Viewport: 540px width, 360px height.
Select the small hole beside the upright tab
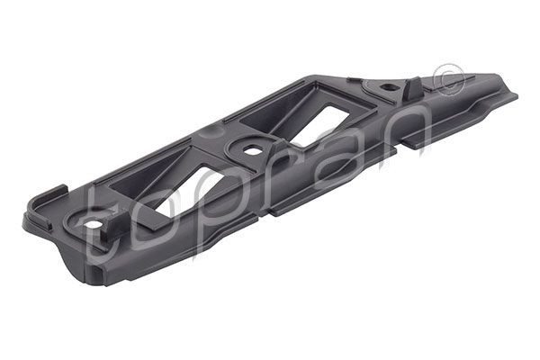click(387, 88)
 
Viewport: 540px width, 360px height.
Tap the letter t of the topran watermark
click(103, 229)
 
